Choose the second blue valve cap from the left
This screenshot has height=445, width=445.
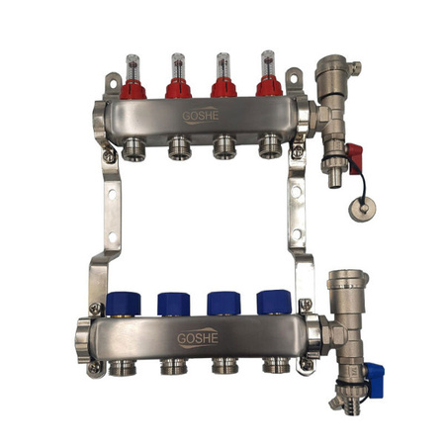(x=175, y=303)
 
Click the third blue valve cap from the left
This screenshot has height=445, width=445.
(x=223, y=303)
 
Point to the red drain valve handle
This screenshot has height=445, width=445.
(x=353, y=155)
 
